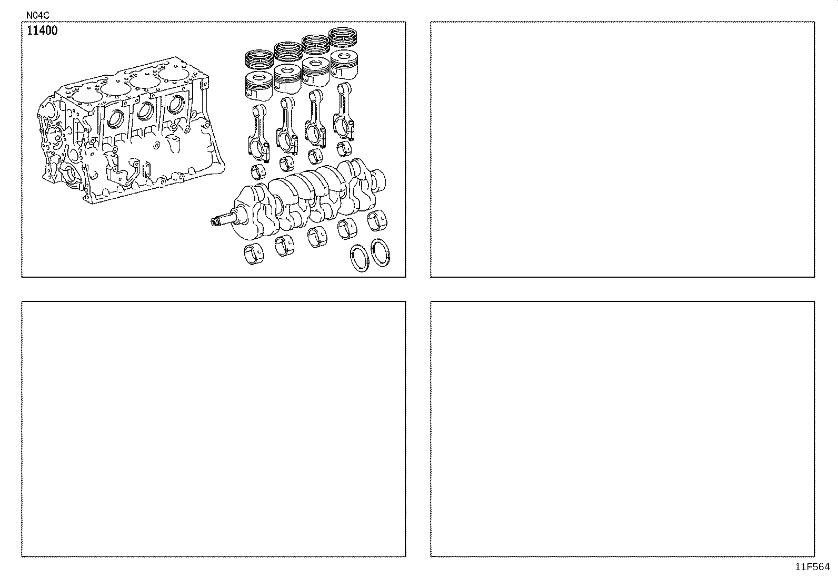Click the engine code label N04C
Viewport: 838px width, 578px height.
click(x=37, y=15)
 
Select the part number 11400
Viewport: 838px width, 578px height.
click(x=42, y=31)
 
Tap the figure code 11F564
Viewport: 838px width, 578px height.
click(x=812, y=567)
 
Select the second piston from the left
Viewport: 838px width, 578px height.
click(x=287, y=79)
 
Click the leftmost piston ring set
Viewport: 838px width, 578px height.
click(x=260, y=59)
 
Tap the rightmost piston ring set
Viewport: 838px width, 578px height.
click(x=343, y=37)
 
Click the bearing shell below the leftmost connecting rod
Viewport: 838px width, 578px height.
click(x=258, y=172)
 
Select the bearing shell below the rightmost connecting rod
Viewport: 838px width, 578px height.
click(x=344, y=149)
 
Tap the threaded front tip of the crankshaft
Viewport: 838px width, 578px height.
click(x=215, y=222)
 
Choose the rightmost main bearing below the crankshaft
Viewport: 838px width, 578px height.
click(x=377, y=220)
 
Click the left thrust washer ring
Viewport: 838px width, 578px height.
click(x=360, y=258)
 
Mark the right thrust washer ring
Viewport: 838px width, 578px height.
click(x=381, y=253)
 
